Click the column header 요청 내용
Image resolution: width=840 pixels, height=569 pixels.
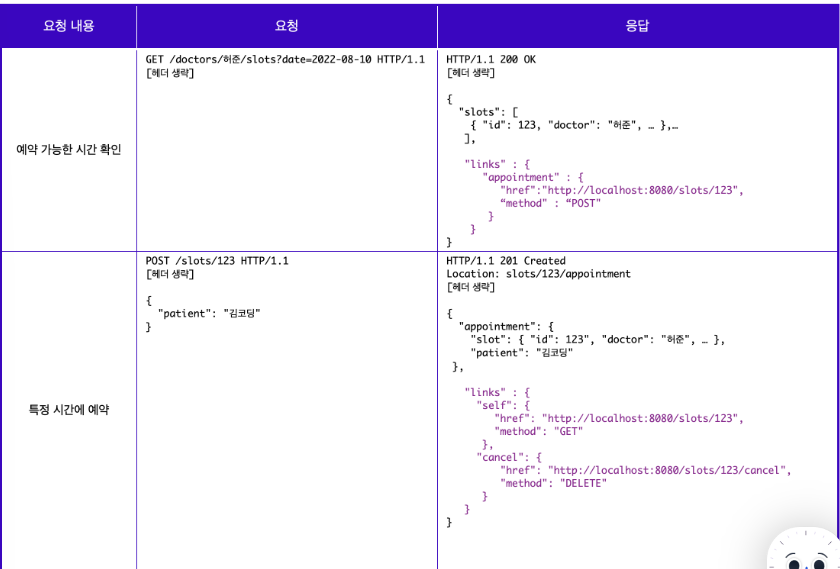pyautogui.click(x=68, y=26)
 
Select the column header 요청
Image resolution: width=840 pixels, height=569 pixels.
pyautogui.click(x=286, y=26)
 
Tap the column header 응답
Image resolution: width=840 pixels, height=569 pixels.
pyautogui.click(x=637, y=26)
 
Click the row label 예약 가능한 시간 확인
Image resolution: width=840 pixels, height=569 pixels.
pyautogui.click(x=68, y=150)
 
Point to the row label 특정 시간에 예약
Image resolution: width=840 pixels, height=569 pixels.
pyautogui.click(x=68, y=409)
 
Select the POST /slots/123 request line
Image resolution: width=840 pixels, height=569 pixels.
pyautogui.click(x=217, y=261)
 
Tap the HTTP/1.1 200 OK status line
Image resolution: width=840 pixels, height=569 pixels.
pyautogui.click(x=491, y=60)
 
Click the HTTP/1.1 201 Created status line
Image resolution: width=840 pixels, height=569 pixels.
pyautogui.click(x=506, y=261)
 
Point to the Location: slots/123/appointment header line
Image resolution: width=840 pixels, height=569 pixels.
pyautogui.click(x=539, y=274)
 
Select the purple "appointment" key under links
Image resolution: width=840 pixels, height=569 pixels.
pyautogui.click(x=524, y=177)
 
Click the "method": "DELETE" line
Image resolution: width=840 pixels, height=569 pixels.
pyautogui.click(x=554, y=483)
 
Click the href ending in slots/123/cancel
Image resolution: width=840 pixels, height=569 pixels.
pyautogui.click(x=645, y=470)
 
